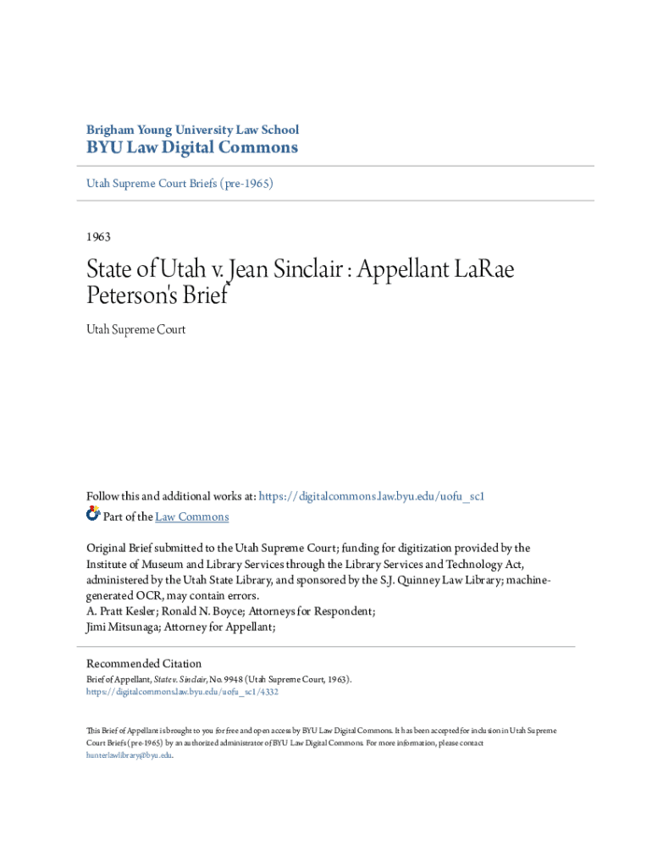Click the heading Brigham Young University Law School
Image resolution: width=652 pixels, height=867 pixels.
192,130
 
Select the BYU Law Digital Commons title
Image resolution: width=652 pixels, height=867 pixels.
192,148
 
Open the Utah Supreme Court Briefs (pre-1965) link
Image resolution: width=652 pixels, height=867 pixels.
180,183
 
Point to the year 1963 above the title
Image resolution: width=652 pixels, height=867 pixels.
99,237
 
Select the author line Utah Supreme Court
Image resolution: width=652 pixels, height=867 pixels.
135,329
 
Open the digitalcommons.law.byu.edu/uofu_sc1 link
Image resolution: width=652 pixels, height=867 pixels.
371,496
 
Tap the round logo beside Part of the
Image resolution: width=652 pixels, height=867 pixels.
93,514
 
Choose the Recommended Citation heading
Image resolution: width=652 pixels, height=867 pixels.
144,664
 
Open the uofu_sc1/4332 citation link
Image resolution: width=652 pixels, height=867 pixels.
182,692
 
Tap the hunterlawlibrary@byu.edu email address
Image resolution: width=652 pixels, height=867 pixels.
129,754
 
